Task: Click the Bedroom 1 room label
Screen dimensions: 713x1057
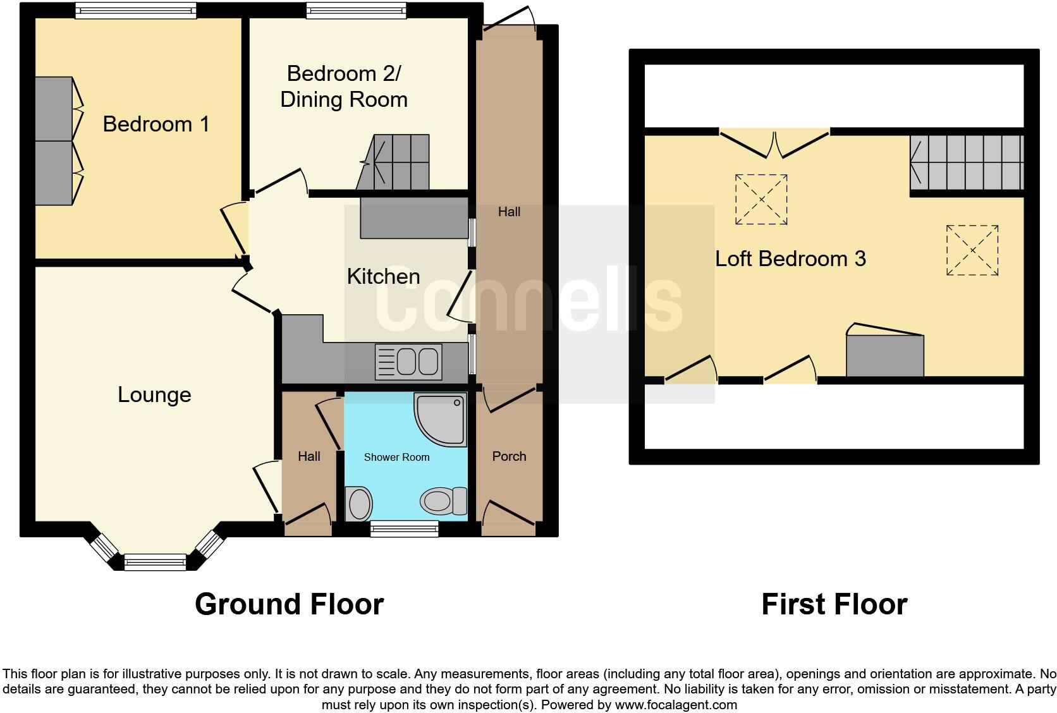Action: click(x=156, y=124)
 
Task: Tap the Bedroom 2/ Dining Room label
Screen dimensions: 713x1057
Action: click(x=343, y=87)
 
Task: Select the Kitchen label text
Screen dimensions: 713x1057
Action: click(x=383, y=276)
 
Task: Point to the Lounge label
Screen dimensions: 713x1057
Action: click(x=154, y=394)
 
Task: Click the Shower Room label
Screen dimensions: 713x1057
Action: click(x=396, y=457)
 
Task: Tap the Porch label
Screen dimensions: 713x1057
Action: click(x=509, y=456)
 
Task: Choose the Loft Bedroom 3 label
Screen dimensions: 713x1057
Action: click(x=790, y=259)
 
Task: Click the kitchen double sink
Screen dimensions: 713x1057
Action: click(x=408, y=362)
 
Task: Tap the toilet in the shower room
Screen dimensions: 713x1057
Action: click(x=443, y=501)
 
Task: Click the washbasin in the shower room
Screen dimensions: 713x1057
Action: click(x=359, y=504)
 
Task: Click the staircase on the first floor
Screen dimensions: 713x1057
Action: click(x=966, y=163)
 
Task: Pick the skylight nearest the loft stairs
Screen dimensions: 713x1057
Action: click(x=972, y=250)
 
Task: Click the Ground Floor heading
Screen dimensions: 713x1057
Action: click(x=289, y=604)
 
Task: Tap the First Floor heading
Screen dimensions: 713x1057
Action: click(x=834, y=604)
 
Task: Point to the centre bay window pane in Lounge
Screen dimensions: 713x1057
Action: click(x=155, y=561)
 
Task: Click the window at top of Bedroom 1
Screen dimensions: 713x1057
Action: click(x=135, y=10)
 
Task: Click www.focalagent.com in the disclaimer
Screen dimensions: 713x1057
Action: click(x=675, y=705)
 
